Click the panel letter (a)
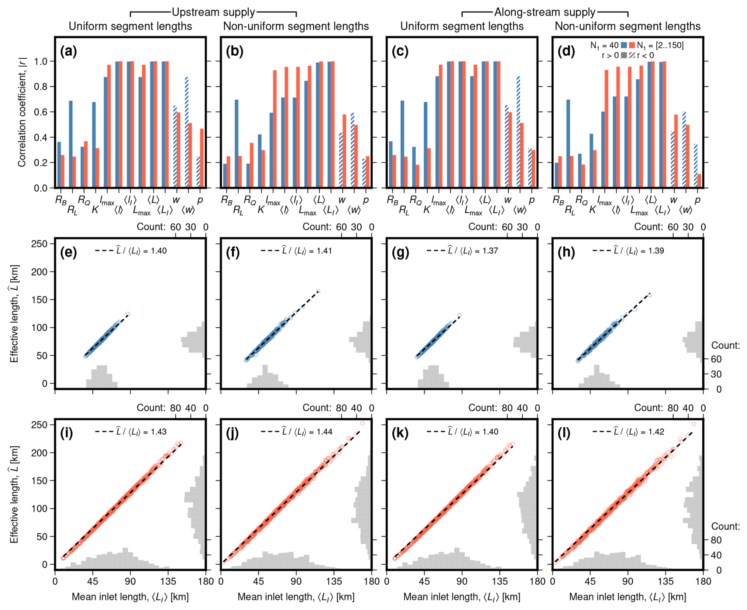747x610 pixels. pyautogui.click(x=68, y=51)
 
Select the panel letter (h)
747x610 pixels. pyautogui.click(x=566, y=252)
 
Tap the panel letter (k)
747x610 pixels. pyautogui.click(x=400, y=433)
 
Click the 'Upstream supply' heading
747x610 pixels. pyautogui.click(x=213, y=12)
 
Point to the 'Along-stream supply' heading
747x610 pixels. pyautogui.click(x=544, y=12)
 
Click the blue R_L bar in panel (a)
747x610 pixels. pyautogui.click(x=71, y=144)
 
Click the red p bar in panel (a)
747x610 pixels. pyautogui.click(x=202, y=158)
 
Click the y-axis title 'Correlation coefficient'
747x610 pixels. pyautogui.click(x=22, y=112)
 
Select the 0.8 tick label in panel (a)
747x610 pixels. pyautogui.click(x=41, y=87)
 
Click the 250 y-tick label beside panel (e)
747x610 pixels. pyautogui.click(x=39, y=244)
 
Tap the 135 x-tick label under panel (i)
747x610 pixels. pyautogui.click(x=168, y=581)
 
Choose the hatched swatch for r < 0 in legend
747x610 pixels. pyautogui.click(x=632, y=55)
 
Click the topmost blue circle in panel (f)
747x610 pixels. pyautogui.click(x=318, y=292)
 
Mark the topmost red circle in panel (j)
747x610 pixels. pyautogui.click(x=362, y=423)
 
